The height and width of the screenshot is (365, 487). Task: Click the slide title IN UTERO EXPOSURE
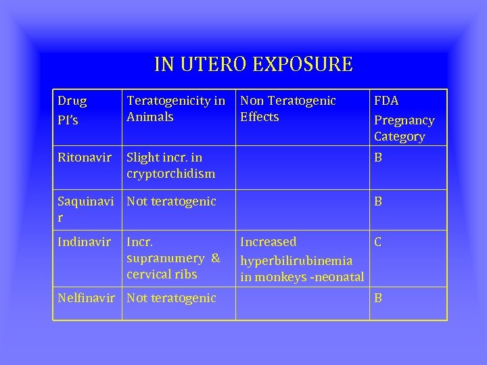coord(253,64)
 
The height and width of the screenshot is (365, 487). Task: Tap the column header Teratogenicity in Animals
coord(176,109)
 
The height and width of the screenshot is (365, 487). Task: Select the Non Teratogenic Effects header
coord(288,109)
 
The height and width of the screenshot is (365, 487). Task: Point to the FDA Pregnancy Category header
coord(404,118)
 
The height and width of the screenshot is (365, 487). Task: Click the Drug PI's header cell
coord(72,110)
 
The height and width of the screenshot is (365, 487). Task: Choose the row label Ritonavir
coord(85,157)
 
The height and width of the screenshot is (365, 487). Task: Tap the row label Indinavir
coord(84,241)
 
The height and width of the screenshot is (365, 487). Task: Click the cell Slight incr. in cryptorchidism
coord(170,165)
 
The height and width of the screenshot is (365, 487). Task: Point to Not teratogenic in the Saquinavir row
coord(171,201)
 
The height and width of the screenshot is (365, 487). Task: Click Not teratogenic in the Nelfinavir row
coord(171,297)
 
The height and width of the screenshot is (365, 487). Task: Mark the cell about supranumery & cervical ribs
coord(173,258)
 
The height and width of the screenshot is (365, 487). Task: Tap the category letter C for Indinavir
coord(379,241)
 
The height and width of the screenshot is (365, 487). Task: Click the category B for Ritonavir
coord(378,157)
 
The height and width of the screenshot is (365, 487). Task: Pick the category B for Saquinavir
coord(378,201)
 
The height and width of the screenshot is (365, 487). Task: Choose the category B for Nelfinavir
coord(378,297)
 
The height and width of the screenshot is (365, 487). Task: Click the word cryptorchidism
coord(170,174)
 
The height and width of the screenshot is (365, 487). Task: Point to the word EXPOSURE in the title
coord(302,64)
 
